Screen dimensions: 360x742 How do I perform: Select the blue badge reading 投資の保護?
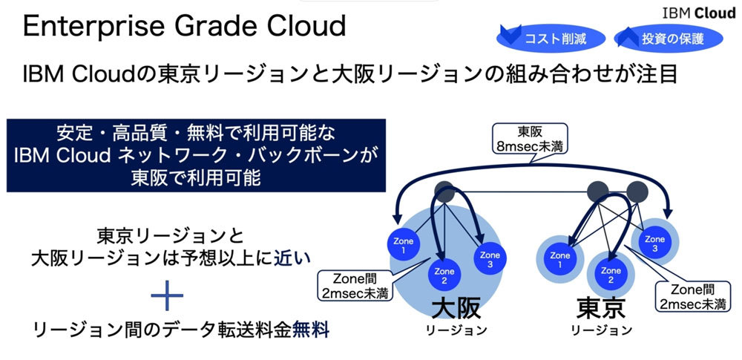(x=660, y=38)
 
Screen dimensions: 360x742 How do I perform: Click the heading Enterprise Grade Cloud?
(x=185, y=27)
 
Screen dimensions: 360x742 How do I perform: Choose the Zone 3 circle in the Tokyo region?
(x=654, y=238)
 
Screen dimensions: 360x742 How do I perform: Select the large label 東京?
(x=601, y=310)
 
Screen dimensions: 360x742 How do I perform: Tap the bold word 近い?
(x=295, y=258)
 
